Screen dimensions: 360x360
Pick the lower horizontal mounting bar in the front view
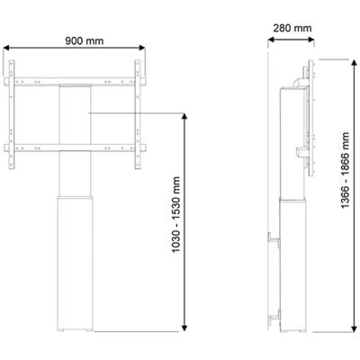coord(75,146)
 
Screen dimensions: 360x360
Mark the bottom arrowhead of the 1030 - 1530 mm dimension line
coord(185,329)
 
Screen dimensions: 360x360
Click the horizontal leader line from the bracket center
coord(135,112)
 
